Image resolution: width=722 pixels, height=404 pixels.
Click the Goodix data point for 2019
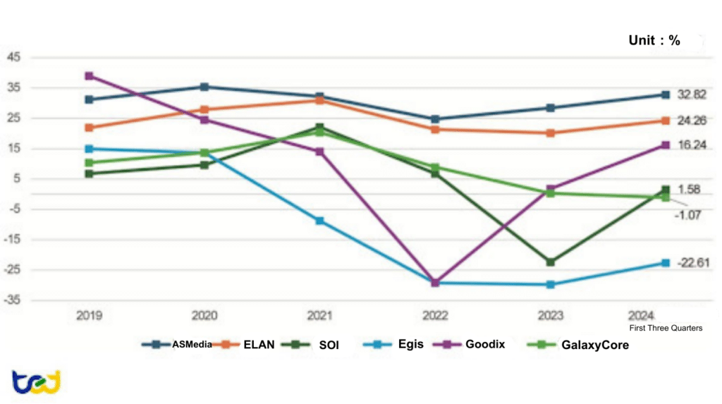(x=89, y=75)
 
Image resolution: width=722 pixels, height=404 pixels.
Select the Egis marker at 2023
(x=550, y=284)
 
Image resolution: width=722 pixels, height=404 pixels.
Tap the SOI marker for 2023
(x=550, y=262)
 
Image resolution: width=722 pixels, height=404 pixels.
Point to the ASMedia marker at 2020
(x=204, y=87)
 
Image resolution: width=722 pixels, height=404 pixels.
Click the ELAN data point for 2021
(x=319, y=100)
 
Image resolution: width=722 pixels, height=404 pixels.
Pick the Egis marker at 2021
(x=319, y=221)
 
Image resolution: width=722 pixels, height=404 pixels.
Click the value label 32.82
(x=692, y=94)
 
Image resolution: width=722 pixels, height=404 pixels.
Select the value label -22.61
(x=692, y=263)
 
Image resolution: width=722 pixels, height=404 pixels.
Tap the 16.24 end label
(x=692, y=145)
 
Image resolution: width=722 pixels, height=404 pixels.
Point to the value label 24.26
(x=692, y=121)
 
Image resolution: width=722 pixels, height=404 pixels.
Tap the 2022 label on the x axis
(x=435, y=316)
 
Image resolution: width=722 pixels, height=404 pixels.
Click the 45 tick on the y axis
(x=13, y=57)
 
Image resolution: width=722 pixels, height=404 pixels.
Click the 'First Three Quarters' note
(x=665, y=328)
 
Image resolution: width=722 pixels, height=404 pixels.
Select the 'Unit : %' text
(x=654, y=41)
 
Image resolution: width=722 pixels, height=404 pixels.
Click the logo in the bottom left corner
(x=36, y=382)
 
